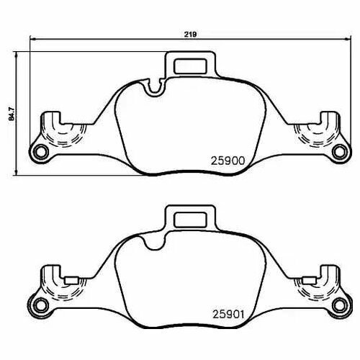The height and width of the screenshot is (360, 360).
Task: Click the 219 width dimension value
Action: pyautogui.click(x=190, y=35)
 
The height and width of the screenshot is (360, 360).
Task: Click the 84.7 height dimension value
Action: pyautogui.click(x=12, y=114)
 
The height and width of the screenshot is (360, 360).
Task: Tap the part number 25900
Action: pyautogui.click(x=228, y=161)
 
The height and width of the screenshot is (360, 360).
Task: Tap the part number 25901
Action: pyautogui.click(x=228, y=314)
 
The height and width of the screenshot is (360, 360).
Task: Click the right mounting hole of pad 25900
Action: pyautogui.click(x=340, y=152)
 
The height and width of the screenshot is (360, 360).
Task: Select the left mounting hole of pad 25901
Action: pyautogui.click(x=40, y=305)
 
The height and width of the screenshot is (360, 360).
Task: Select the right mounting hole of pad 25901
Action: pyautogui.click(x=340, y=305)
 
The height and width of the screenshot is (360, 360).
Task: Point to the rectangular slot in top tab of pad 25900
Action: pyautogui.click(x=190, y=66)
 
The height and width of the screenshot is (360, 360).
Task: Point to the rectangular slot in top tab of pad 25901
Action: pyautogui.click(x=190, y=220)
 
